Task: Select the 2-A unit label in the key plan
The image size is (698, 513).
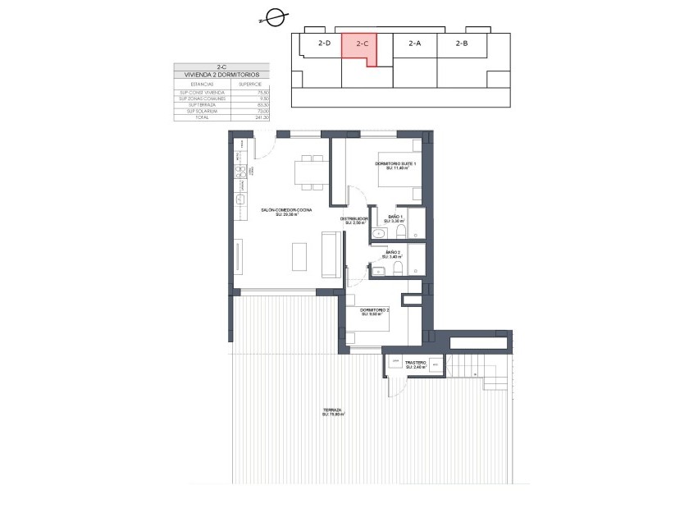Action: (414, 44)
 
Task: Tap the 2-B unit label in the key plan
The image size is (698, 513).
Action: (461, 44)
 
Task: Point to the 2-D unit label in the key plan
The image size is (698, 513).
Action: (324, 44)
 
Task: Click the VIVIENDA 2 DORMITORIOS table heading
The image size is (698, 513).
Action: (221, 75)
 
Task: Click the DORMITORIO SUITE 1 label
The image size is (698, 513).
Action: (396, 165)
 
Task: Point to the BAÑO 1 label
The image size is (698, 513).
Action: (395, 218)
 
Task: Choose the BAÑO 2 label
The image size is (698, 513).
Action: (393, 254)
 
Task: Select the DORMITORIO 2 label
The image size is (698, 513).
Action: (375, 310)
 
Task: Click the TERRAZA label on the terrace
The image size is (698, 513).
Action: (332, 411)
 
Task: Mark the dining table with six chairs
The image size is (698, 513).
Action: (312, 173)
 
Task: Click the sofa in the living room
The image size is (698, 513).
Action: (331, 254)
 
